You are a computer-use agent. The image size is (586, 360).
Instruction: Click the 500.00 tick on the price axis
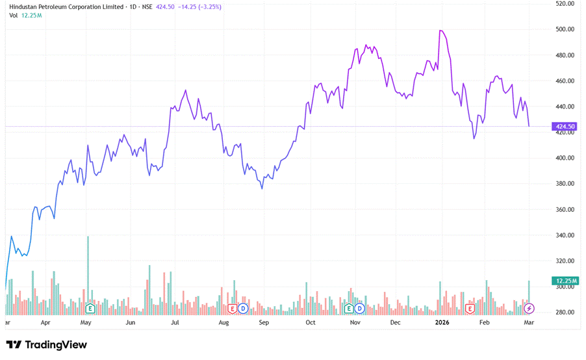tap(565, 29)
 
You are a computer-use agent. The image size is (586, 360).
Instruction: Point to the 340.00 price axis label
tap(565, 235)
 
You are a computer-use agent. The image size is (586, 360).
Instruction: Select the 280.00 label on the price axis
tap(565, 313)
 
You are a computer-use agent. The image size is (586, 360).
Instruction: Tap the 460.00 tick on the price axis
tap(565, 81)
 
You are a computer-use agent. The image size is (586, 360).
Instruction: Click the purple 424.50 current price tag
tap(564, 126)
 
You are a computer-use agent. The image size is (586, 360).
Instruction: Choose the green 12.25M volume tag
tap(563, 281)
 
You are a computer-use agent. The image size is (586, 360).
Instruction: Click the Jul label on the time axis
tap(174, 322)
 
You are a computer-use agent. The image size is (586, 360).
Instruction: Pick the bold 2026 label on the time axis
tap(442, 322)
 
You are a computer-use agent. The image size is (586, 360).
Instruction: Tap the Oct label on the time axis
tap(311, 322)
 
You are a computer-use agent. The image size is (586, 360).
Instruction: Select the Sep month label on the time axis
tap(264, 322)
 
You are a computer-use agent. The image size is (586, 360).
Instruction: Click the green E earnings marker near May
tap(90, 307)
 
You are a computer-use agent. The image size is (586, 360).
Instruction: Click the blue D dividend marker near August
tap(243, 307)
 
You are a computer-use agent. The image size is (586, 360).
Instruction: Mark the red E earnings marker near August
tap(232, 307)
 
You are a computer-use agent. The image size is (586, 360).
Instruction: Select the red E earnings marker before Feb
tap(470, 307)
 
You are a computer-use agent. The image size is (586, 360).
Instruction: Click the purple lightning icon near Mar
tap(529, 307)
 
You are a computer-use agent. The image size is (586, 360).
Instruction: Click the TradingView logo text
tap(56, 345)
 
